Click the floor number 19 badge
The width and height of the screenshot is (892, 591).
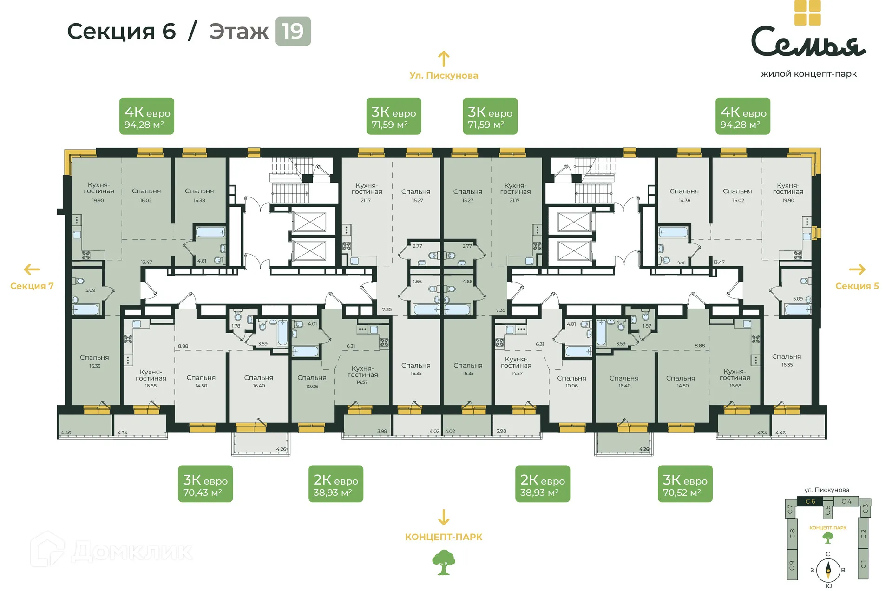pos(293,31)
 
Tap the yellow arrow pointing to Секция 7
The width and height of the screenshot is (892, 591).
pos(32,269)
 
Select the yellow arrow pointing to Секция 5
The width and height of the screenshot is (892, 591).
pos(857,269)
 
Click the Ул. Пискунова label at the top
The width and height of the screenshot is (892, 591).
pos(444,75)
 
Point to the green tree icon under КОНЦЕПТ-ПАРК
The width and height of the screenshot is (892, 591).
pos(443,562)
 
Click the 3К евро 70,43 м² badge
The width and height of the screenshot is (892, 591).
pos(205,484)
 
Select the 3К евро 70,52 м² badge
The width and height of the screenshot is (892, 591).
pos(684,484)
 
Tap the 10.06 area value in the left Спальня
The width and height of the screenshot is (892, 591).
pos(312,387)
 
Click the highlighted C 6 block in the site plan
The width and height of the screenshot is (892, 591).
pos(810,501)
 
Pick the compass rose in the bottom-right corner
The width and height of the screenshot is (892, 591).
pos(828,570)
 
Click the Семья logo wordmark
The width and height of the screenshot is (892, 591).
pos(808,42)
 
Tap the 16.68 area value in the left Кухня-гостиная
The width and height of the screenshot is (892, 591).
pos(151,386)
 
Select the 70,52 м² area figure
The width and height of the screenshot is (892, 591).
pos(682,492)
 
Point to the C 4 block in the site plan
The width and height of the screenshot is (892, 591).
pos(846,501)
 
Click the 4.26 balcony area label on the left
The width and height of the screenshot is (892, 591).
pos(281,449)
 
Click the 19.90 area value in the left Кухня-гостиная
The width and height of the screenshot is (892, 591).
pos(98,201)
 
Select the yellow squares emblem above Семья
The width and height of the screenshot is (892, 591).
pos(807,13)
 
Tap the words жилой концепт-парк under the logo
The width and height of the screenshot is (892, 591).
pos(808,74)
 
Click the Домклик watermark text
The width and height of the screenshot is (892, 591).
pos(132,552)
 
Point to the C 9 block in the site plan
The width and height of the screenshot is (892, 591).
pos(792,565)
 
